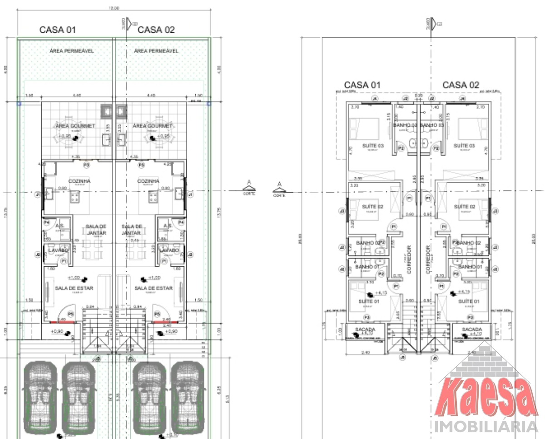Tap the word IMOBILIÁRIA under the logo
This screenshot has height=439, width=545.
tap(486, 427)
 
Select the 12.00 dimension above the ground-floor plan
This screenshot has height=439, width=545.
tap(114, 8)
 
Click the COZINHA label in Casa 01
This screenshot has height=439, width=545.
tap(79, 181)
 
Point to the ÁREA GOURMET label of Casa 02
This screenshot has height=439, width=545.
tap(153, 125)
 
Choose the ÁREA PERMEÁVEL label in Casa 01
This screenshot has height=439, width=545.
tap(72, 51)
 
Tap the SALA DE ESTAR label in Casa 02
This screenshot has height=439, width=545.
tap(154, 288)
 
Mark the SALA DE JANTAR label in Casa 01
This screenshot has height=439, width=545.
tap(96, 229)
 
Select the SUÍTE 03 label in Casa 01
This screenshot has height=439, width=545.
tap(373, 145)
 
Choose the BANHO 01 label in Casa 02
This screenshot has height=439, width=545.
tap(470, 267)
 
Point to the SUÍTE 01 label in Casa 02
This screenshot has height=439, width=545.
tap(469, 301)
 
